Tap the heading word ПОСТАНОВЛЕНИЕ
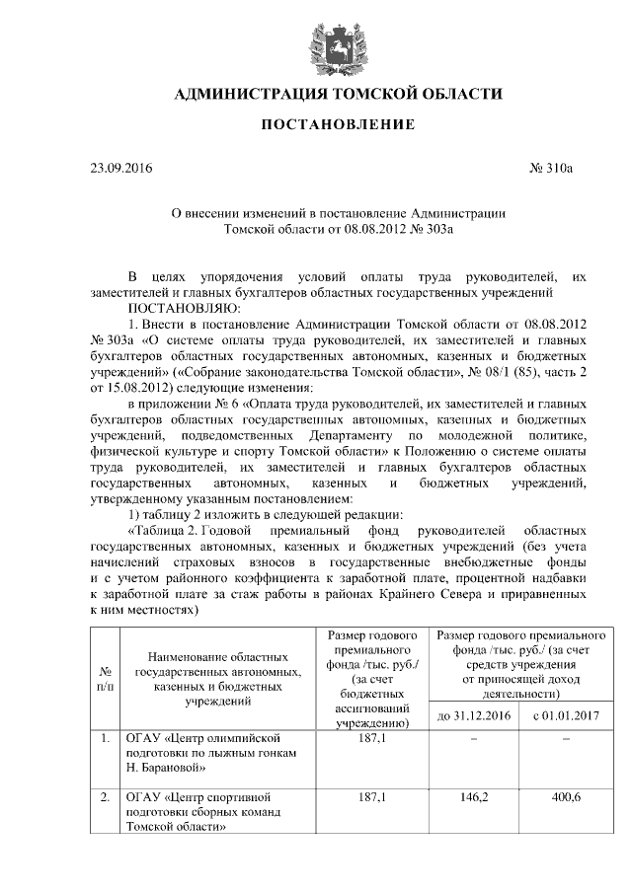[x=337, y=125]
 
